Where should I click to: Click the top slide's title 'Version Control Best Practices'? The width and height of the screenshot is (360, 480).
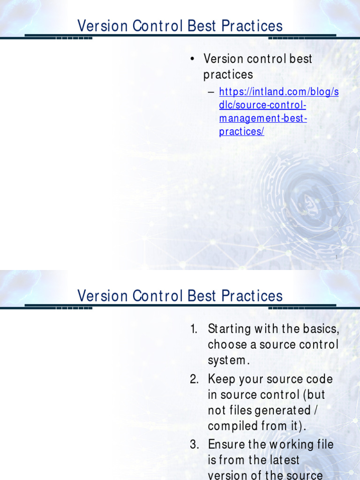(x=180, y=26)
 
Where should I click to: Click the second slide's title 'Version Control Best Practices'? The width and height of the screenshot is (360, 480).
(x=180, y=296)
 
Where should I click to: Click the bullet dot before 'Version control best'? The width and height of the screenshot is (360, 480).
(x=192, y=60)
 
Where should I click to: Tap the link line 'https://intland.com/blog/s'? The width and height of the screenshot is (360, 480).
(x=278, y=92)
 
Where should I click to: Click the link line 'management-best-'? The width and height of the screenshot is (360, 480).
(x=263, y=118)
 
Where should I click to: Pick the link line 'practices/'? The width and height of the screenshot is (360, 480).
(x=241, y=132)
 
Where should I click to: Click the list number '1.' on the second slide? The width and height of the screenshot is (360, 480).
(x=194, y=329)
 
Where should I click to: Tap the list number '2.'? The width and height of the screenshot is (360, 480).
(x=195, y=379)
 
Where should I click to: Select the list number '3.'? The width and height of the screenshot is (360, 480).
(x=195, y=444)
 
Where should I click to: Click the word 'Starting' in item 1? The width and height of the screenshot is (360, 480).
(x=228, y=329)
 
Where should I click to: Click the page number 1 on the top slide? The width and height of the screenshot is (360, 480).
(x=337, y=257)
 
